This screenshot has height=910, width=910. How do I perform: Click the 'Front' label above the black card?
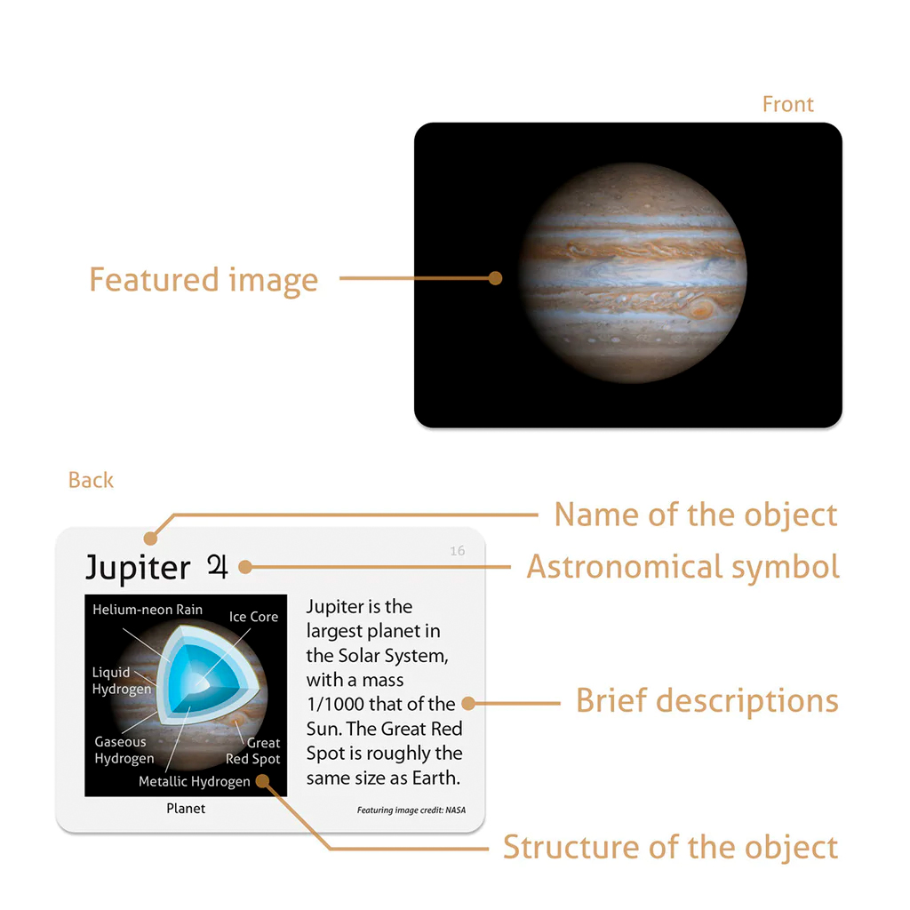click(x=787, y=105)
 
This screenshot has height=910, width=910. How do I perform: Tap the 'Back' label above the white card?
click(x=91, y=481)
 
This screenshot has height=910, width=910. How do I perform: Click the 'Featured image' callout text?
click(x=204, y=280)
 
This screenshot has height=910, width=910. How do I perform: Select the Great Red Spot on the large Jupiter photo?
click(x=702, y=309)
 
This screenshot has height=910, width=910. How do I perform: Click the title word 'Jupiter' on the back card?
click(x=138, y=568)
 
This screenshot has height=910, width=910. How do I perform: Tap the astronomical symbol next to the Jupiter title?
click(x=217, y=566)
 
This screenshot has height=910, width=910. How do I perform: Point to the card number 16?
click(x=457, y=551)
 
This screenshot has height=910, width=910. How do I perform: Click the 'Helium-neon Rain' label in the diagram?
click(x=148, y=610)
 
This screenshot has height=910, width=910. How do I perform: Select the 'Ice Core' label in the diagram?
click(x=253, y=617)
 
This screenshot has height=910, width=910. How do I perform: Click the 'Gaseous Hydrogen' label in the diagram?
click(x=124, y=750)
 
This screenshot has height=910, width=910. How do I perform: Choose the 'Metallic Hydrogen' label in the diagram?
click(x=194, y=782)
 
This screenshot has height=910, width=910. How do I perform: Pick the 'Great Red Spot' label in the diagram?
click(x=253, y=751)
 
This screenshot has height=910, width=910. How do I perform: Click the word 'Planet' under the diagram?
click(x=186, y=809)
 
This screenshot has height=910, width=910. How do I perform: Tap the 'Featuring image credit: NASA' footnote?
click(x=411, y=810)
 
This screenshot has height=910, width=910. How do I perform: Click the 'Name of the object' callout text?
click(x=695, y=515)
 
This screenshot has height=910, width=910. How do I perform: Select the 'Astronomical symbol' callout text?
click(x=682, y=567)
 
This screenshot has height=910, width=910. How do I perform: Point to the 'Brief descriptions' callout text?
click(x=706, y=701)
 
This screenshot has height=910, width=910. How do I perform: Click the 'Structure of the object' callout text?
click(x=670, y=847)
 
